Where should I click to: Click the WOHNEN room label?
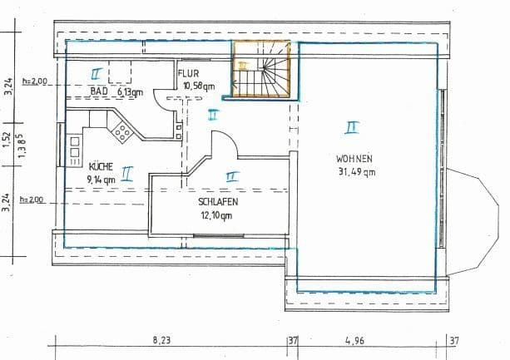click(x=354, y=159)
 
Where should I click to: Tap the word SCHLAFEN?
click(x=219, y=202)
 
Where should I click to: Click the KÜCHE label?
click(x=101, y=166)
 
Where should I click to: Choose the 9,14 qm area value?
click(x=101, y=178)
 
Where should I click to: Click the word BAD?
click(x=99, y=91)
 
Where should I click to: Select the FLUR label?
click(x=189, y=73)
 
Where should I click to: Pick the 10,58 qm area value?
click(x=199, y=85)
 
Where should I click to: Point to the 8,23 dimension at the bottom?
click(x=163, y=339)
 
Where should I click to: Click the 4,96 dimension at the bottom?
click(x=366, y=339)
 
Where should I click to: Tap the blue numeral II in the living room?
click(x=352, y=126)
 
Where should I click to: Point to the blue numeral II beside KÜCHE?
click(x=127, y=173)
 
